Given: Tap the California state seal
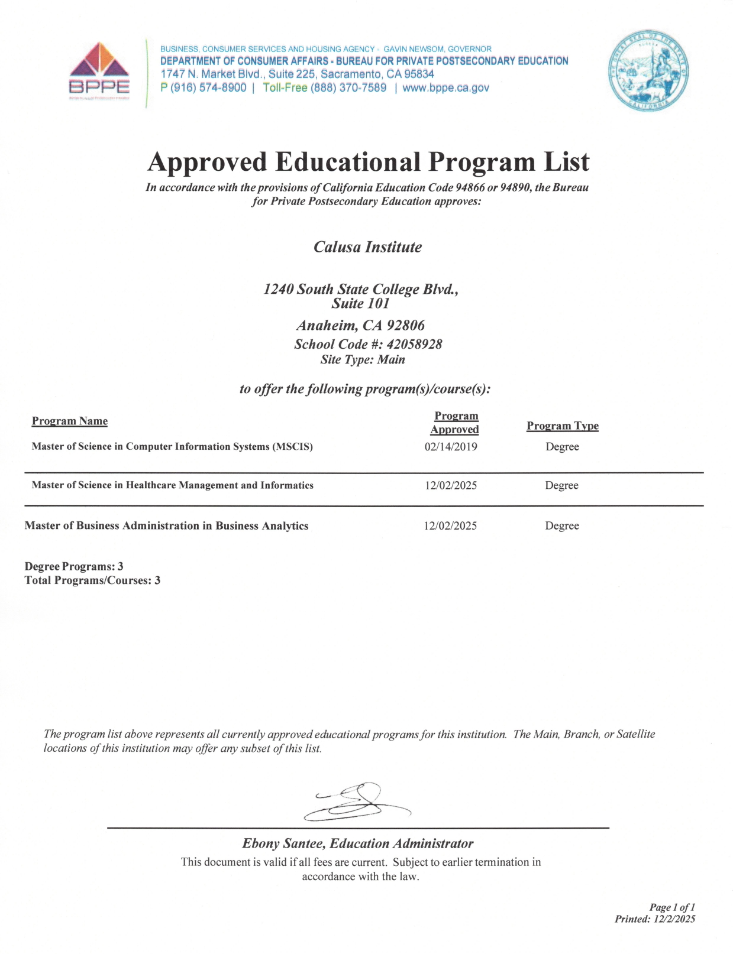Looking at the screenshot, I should (648, 70).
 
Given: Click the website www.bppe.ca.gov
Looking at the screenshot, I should (445, 88).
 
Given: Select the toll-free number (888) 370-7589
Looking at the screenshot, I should (348, 88).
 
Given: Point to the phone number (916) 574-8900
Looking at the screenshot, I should (208, 88).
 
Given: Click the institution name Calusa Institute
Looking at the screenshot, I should (367, 247).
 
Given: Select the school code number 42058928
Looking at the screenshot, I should (414, 344).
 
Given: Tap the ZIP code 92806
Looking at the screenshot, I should (405, 325).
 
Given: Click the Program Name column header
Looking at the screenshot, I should (70, 421).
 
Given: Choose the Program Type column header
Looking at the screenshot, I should (563, 426).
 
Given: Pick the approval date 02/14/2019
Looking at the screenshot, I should (451, 447).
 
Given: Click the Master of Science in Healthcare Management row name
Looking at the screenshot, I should (173, 485).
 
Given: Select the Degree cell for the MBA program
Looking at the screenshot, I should (562, 526).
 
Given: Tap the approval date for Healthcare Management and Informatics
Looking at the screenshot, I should (451, 486).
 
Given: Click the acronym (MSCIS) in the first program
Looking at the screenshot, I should (292, 447).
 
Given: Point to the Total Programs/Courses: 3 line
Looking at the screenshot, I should (92, 580).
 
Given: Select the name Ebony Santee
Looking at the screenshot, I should (283, 843).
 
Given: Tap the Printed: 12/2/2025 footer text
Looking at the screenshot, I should (655, 919).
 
